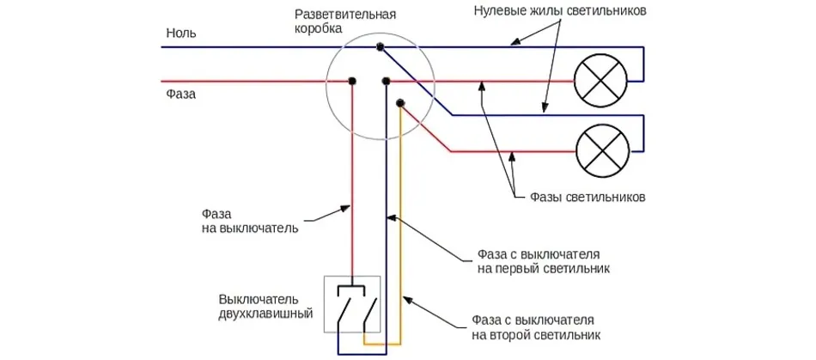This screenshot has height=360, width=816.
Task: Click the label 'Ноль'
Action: pos(181,34)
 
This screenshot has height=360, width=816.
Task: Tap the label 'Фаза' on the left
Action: pos(181,94)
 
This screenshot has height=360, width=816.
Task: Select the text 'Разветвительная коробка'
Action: pos(344,23)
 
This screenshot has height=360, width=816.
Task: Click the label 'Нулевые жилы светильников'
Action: pos(560,13)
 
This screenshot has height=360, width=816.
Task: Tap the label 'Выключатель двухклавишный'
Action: pos(259,306)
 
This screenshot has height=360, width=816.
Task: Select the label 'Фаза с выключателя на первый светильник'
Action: pos(538,262)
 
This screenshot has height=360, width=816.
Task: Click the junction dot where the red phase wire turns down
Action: pos(352,82)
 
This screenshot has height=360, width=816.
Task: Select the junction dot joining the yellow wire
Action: pos(400,103)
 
